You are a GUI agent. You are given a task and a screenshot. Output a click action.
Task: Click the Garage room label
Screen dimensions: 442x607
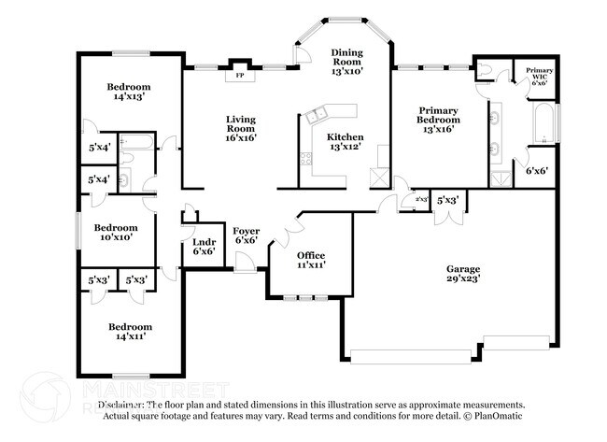tap(462, 269)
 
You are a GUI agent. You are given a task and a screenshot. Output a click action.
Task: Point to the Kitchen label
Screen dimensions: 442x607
tap(345, 137)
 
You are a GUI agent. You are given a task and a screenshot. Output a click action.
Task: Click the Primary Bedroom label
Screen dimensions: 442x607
tap(437, 114)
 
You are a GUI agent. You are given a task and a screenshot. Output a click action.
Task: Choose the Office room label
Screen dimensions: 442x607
tap(311, 255)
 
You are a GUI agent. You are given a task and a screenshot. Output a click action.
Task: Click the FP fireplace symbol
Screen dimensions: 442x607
tap(240, 74)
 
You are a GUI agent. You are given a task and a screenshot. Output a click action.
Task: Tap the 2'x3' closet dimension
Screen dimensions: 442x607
tap(408, 199)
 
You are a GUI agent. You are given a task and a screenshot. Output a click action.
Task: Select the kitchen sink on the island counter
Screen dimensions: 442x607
tap(316, 116)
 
